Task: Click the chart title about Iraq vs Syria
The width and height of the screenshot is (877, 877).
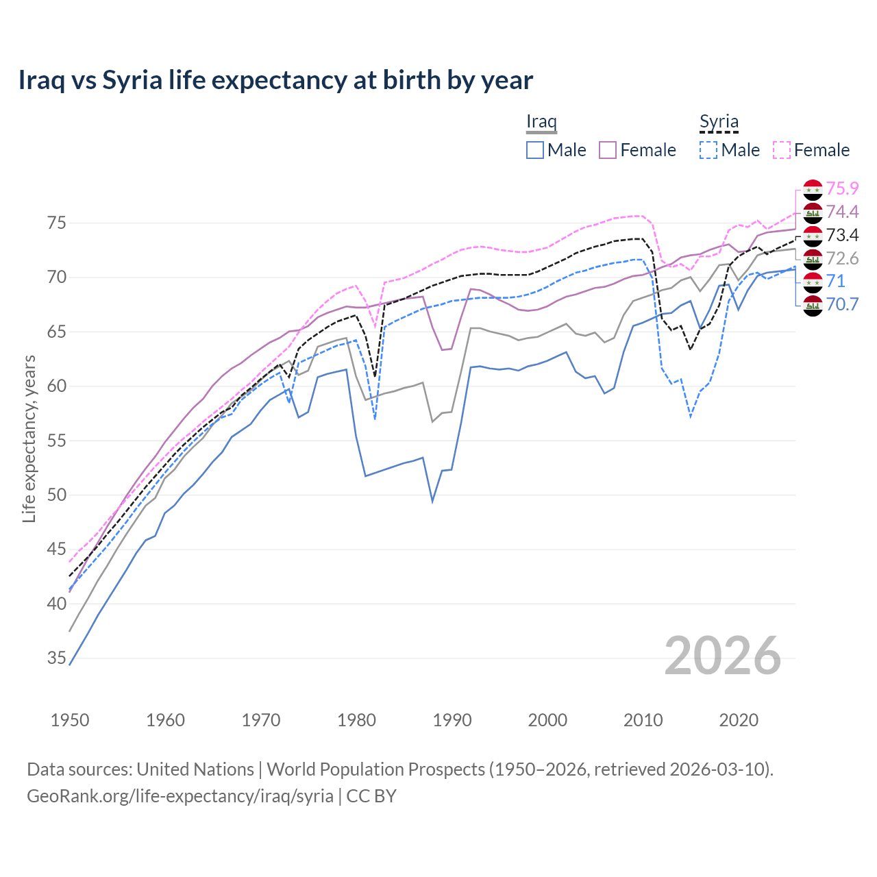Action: click(x=275, y=80)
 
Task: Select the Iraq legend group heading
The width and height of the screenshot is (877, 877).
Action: click(x=541, y=121)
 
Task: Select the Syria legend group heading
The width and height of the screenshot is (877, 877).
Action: click(x=719, y=122)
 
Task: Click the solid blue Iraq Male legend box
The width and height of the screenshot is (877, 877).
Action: click(x=535, y=150)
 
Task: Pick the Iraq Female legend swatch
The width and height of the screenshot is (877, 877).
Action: click(x=608, y=150)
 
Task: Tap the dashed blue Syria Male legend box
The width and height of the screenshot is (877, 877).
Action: click(x=708, y=150)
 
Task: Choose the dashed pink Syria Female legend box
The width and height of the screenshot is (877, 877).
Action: click(x=782, y=150)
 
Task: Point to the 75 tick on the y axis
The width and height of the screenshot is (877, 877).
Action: click(x=57, y=223)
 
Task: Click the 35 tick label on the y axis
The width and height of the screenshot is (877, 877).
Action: click(x=57, y=658)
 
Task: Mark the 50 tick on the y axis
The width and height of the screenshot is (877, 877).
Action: click(x=57, y=495)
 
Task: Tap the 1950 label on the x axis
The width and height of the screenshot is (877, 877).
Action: click(x=70, y=720)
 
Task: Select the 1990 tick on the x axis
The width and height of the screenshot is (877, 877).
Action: click(x=452, y=720)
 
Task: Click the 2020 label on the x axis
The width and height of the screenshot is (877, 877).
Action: click(x=739, y=720)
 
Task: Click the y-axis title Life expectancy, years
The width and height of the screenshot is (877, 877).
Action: click(x=29, y=438)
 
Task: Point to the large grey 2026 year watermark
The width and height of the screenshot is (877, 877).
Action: click(x=723, y=656)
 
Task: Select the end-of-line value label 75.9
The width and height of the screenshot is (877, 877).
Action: click(x=842, y=188)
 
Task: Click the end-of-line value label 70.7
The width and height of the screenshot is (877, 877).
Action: click(x=842, y=304)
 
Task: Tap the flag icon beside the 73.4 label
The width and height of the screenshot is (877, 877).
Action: click(x=813, y=236)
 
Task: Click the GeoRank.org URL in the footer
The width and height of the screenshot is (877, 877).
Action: click(x=180, y=796)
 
